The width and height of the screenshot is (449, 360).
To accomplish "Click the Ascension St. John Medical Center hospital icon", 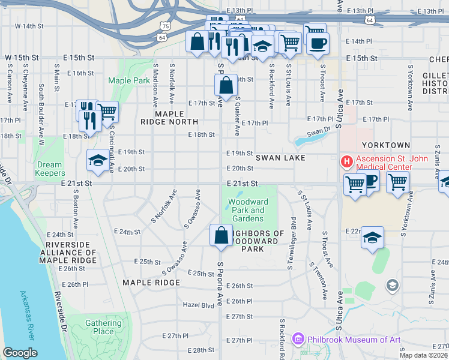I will click(346, 161).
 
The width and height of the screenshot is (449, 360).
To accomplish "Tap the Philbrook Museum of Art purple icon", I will click(298, 340).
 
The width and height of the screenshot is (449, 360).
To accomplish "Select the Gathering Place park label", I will click(103, 327).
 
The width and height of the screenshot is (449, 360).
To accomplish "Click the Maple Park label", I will click(129, 80).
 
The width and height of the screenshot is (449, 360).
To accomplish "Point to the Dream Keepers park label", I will click(49, 169).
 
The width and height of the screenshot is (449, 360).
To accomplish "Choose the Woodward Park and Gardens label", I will click(249, 210).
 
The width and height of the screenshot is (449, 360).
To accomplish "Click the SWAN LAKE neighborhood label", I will click(280, 158).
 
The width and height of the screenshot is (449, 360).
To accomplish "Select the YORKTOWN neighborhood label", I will click(386, 145).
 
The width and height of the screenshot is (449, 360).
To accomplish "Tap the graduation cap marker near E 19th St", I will click(98, 160).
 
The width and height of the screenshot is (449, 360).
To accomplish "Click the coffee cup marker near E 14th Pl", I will click(318, 43).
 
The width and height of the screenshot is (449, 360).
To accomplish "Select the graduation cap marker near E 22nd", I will click(372, 238).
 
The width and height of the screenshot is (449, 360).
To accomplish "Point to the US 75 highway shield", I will click(166, 26).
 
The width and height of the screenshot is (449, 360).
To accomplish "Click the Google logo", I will click(20, 353).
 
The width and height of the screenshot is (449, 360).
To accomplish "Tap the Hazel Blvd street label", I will click(199, 305).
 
